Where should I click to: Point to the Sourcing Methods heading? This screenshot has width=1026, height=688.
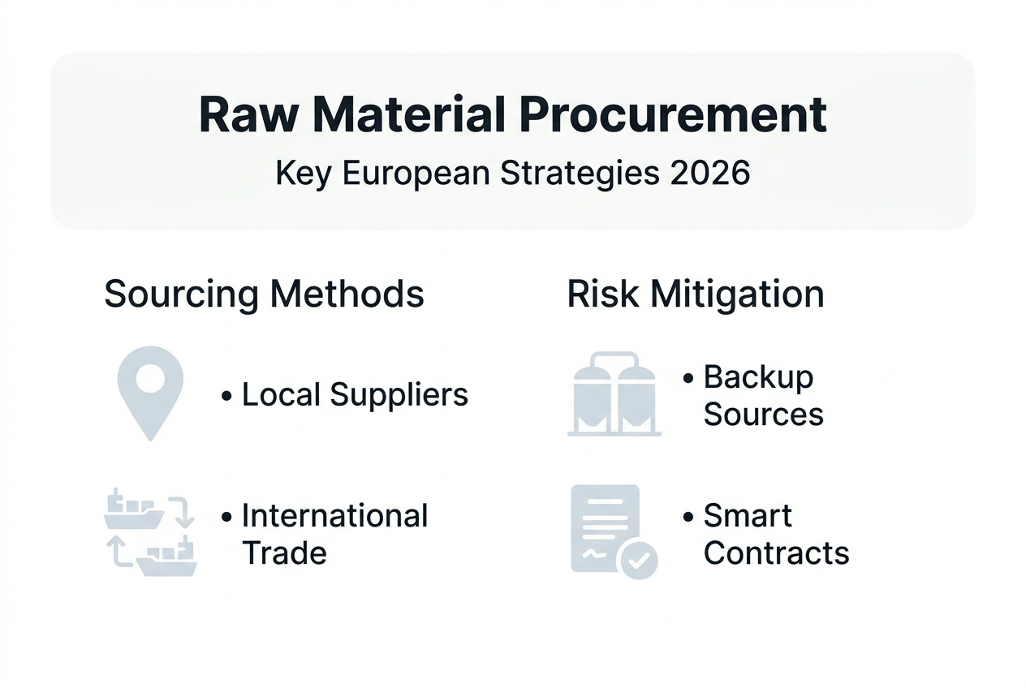pos(264,294)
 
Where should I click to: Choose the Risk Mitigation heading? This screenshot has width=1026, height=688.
pos(696,294)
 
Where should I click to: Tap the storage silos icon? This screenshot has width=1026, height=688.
pos(614,395)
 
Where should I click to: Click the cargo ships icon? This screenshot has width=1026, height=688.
pos(151,532)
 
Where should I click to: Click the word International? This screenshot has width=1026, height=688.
pos(334,516)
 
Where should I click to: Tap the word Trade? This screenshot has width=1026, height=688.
pos(284,553)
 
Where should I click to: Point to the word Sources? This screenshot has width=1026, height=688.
pos(763,415)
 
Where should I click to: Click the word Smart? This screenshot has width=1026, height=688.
pos(748,516)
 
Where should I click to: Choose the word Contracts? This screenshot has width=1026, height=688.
pos(776,553)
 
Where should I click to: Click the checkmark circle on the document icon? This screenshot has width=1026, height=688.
pos(638,560)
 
